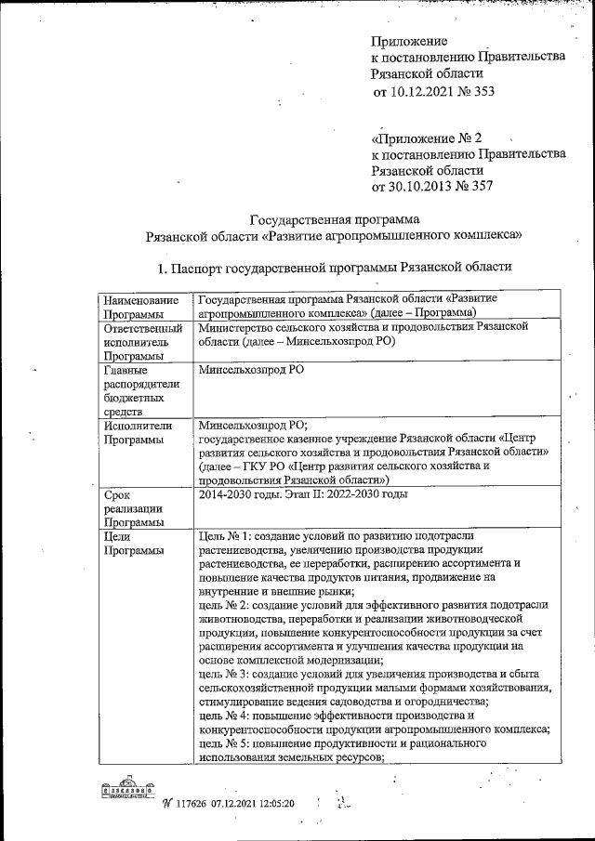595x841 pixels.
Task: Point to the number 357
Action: coord(482,187)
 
